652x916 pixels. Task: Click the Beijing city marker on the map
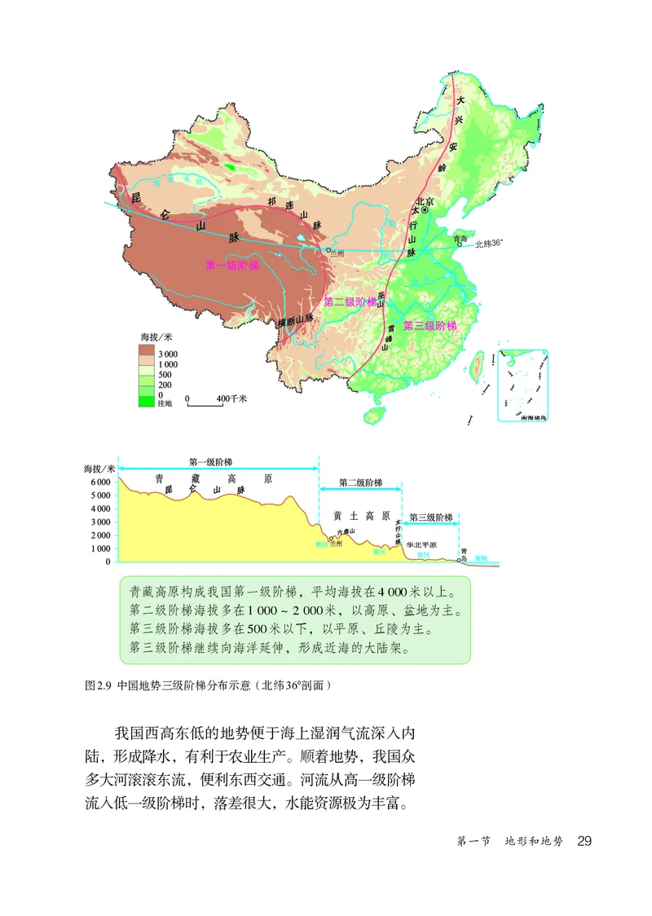[424, 209]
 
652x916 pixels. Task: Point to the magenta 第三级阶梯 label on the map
[430, 325]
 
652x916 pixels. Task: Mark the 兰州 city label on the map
[337, 255]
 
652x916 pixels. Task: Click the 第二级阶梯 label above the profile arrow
[360, 483]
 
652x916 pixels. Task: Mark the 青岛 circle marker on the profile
[460, 556]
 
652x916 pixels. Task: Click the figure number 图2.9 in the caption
[96, 686]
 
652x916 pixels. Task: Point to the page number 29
[584, 841]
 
